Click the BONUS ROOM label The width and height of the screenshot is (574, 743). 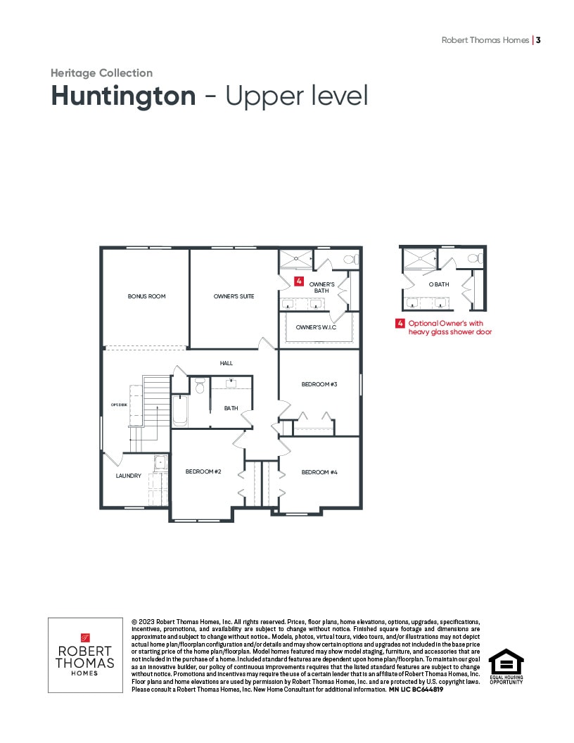pyautogui.click(x=146, y=296)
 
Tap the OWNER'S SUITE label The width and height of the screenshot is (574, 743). pyautogui.click(x=234, y=296)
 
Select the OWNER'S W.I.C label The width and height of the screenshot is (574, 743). pyautogui.click(x=316, y=327)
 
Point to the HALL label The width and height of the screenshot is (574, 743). pyautogui.click(x=227, y=363)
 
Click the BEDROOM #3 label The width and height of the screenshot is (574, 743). pyautogui.click(x=319, y=384)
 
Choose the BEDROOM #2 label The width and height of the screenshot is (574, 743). pyautogui.click(x=203, y=471)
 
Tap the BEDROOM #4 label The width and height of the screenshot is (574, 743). pyautogui.click(x=319, y=472)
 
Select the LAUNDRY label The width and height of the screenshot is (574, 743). pyautogui.click(x=128, y=475)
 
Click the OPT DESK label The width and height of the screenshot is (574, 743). pyautogui.click(x=119, y=405)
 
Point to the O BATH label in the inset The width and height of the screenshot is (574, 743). pyautogui.click(x=439, y=284)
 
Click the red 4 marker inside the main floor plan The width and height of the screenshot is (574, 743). pyautogui.click(x=299, y=281)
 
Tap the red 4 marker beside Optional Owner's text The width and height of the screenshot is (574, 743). pyautogui.click(x=400, y=323)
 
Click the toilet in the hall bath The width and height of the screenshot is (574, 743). pyautogui.click(x=199, y=386)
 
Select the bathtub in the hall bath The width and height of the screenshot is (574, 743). pyautogui.click(x=181, y=410)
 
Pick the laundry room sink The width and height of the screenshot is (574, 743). pyautogui.click(x=160, y=462)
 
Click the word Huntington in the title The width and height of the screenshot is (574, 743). pyautogui.click(x=123, y=96)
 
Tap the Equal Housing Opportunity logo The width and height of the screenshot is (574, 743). pyautogui.click(x=506, y=666)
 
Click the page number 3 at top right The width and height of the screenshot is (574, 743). pyautogui.click(x=538, y=40)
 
